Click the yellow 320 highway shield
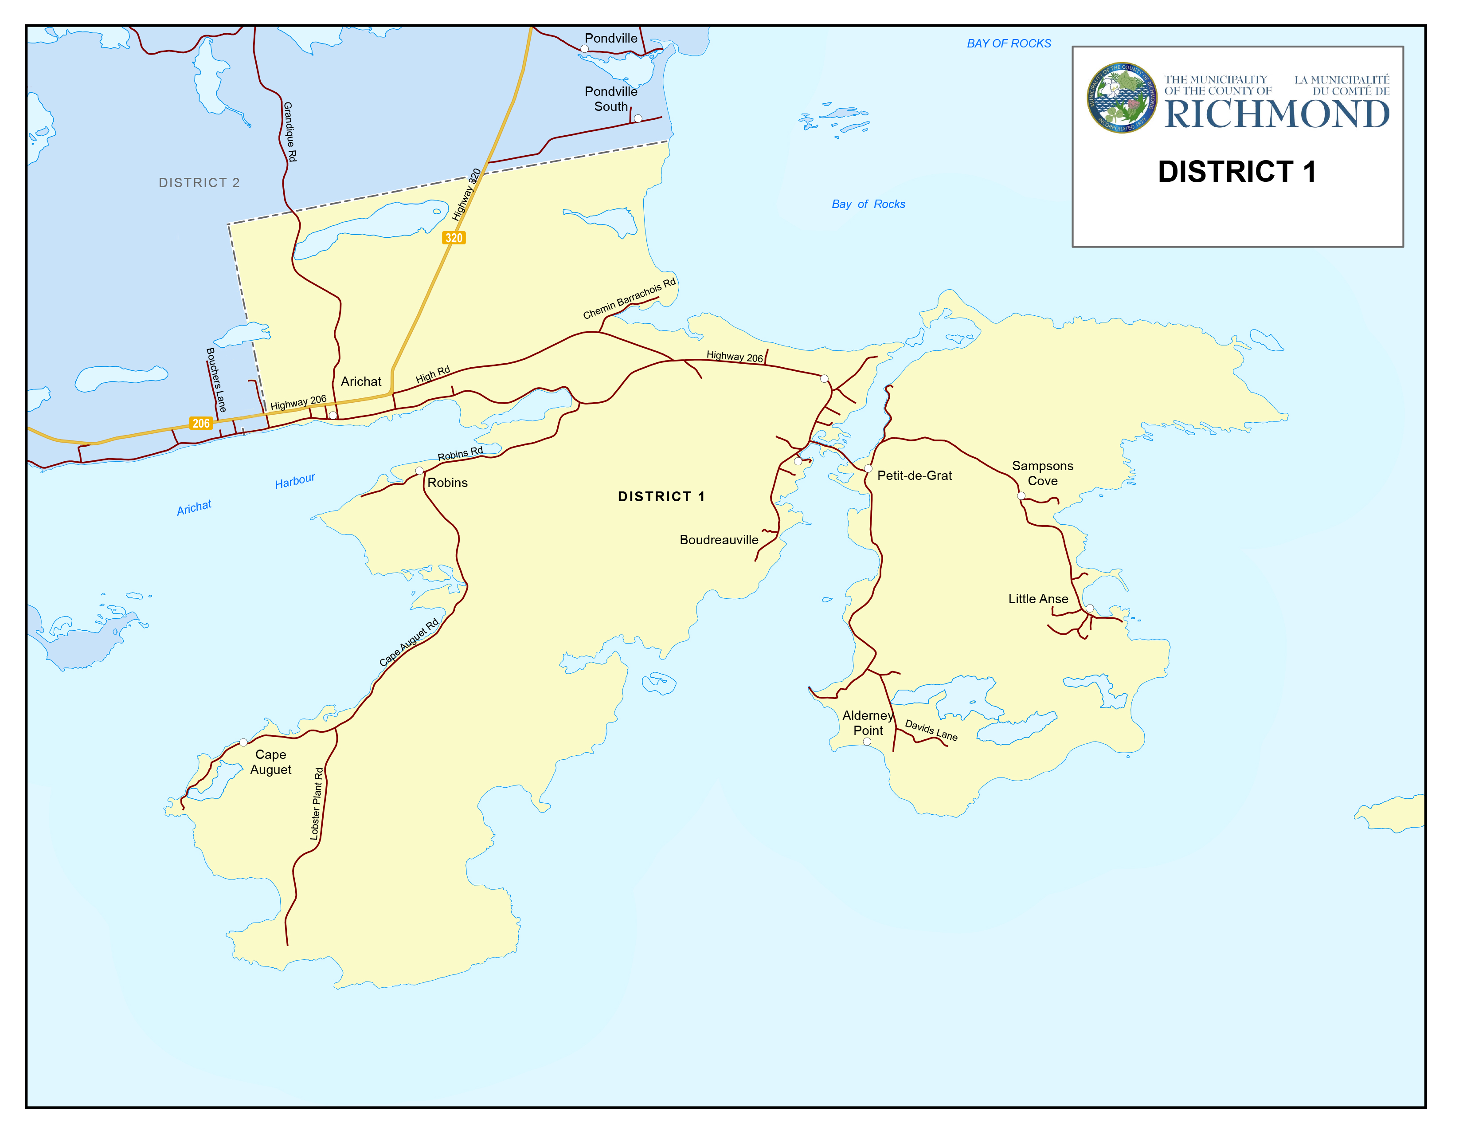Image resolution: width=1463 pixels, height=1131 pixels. tap(454, 238)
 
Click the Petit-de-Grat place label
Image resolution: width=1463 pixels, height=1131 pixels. tap(914, 476)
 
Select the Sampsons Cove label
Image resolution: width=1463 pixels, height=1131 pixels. tap(1042, 473)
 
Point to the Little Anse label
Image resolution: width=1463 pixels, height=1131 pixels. tap(1038, 599)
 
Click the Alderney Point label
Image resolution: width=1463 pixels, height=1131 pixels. tap(868, 723)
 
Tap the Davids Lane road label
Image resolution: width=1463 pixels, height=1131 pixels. tap(931, 730)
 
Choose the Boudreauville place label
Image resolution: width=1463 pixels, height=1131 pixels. tap(719, 540)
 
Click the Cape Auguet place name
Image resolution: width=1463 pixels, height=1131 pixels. tap(270, 762)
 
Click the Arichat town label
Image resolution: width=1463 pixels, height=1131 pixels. tap(361, 382)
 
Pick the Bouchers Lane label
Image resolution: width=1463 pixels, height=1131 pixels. tap(216, 380)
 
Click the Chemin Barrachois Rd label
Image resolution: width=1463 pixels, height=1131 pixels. tap(629, 299)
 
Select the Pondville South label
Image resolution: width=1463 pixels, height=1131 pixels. tap(611, 98)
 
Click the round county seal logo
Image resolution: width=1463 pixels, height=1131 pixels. tap(1121, 98)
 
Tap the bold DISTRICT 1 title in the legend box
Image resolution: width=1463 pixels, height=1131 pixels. tap(1236, 172)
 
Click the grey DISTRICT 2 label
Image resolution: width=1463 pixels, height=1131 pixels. tap(199, 183)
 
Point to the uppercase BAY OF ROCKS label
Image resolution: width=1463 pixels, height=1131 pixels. tap(1009, 43)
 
